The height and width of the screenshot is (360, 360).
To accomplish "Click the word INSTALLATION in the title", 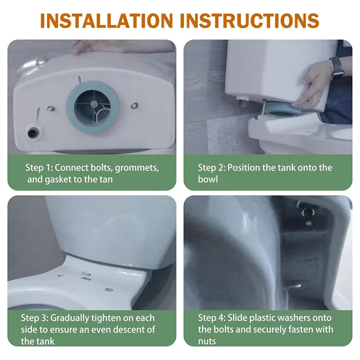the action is coord(107,20).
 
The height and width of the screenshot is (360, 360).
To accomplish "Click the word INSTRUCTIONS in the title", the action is coord(250,20).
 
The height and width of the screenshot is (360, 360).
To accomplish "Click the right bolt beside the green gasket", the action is coord(134,106).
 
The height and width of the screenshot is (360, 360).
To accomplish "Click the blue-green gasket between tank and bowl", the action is coord(283,110).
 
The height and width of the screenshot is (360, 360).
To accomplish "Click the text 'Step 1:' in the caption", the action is coord(39,167).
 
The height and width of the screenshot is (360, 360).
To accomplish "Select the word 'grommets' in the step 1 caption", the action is coord(137,168).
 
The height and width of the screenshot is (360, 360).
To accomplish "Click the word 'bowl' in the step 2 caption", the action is coord(208,179).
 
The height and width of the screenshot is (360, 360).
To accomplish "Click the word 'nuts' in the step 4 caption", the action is coord(207,342).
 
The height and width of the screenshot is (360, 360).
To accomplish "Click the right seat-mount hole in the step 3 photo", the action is coord(109,289).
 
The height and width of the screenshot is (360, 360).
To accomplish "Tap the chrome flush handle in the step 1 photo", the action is coord(32,64).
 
